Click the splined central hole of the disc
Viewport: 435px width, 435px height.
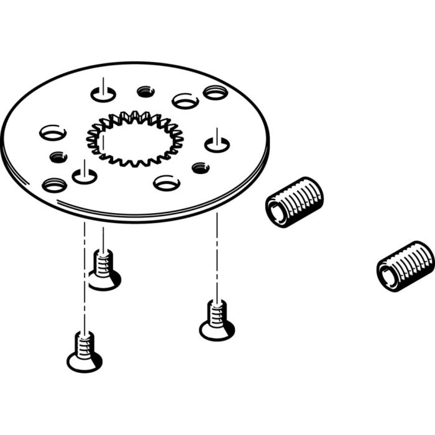pos(135,140)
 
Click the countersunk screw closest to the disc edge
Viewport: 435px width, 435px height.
pos(104,271)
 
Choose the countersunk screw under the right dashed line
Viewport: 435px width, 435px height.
pos(217,321)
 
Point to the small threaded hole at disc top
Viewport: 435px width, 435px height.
pos(145,91)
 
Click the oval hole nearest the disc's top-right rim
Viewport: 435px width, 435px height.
pos(215,93)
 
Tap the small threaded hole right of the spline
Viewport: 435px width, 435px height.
pos(200,167)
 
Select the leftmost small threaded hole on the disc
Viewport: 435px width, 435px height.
pos(58,157)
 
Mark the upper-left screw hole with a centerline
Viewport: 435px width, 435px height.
pos(103,94)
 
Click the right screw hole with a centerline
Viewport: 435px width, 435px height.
pos(217,145)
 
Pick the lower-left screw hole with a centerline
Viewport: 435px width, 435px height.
pos(85,176)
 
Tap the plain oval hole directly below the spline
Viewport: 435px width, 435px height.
pos(167,183)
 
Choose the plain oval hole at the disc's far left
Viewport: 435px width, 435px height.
pos(52,132)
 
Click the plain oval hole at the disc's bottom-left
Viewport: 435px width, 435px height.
pos(54,185)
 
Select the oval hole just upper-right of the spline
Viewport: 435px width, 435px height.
pos(185,100)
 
